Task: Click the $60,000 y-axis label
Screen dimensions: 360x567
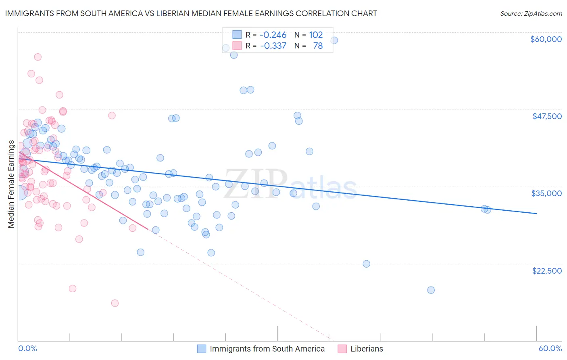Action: (x=546, y=39)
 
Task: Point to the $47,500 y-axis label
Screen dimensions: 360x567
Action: (x=547, y=116)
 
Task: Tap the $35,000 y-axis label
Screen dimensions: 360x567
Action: (x=546, y=193)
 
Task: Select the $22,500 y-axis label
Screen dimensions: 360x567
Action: (x=547, y=271)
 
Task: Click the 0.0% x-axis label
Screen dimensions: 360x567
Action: (x=27, y=348)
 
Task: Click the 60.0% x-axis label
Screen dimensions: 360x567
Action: (x=550, y=348)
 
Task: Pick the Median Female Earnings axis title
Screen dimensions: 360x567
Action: (x=11, y=184)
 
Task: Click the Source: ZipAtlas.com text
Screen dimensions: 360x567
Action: (x=531, y=13)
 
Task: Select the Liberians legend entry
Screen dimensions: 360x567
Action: (x=367, y=349)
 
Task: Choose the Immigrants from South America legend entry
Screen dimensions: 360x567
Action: (x=267, y=349)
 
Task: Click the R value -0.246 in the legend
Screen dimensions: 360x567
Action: (x=273, y=35)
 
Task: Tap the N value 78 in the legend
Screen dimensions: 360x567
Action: (x=318, y=46)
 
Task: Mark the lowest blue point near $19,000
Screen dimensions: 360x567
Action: (x=431, y=290)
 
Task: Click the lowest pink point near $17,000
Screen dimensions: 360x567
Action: (x=115, y=303)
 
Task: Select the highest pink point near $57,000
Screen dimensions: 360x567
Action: (x=38, y=57)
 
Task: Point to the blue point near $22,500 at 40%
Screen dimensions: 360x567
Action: (x=366, y=264)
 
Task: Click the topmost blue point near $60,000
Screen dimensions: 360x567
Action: (x=334, y=40)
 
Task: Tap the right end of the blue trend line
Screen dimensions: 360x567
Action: (x=536, y=213)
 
